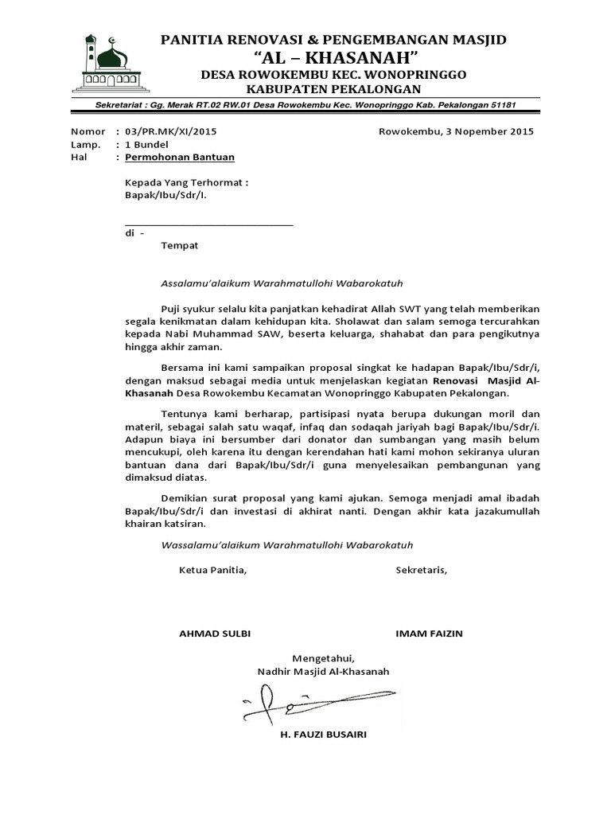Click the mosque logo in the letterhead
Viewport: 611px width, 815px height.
(106, 62)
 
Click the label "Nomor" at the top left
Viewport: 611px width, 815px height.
(88, 131)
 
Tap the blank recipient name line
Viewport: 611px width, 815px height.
(209, 224)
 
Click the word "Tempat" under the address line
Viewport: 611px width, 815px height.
(180, 246)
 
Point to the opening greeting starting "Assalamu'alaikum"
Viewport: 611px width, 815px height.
(287, 283)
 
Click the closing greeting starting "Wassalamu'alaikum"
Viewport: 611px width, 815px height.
(287, 545)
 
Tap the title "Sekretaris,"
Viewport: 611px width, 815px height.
(421, 570)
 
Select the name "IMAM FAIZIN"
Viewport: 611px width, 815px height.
(429, 634)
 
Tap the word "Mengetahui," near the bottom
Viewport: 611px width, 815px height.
(323, 658)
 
